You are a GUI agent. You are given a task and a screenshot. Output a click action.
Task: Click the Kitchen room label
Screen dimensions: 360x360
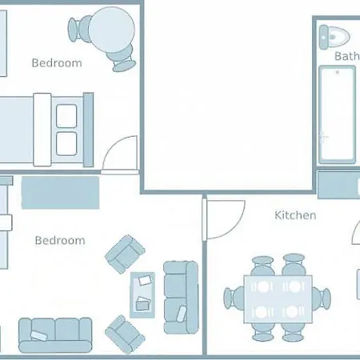[295, 215]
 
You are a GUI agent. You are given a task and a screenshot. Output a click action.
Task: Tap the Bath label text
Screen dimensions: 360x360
[347, 56]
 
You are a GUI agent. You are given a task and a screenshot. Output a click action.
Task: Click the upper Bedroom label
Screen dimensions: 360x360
[57, 63]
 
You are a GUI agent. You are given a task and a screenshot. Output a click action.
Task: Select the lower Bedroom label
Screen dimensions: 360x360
[60, 241]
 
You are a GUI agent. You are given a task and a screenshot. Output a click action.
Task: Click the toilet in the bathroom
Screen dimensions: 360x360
[334, 37]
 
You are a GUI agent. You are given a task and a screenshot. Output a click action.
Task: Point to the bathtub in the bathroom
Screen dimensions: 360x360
[338, 115]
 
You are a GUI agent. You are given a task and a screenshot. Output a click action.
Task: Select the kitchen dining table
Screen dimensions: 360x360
[278, 299]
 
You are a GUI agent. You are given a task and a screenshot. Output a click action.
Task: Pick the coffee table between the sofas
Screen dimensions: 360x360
[142, 295]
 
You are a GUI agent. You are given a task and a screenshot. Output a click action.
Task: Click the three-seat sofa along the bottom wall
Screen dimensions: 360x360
[55, 335]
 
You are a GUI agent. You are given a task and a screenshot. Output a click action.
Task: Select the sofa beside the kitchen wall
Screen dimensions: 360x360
[181, 298]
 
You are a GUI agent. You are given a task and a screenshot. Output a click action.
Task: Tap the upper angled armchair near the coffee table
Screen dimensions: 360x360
[125, 254]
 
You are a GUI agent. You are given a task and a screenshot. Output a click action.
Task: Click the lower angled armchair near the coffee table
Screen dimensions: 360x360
[125, 334]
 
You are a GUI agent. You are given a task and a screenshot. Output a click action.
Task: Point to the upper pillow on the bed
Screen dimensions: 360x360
[66, 116]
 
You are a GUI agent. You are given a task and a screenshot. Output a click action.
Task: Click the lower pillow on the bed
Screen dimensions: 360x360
[66, 144]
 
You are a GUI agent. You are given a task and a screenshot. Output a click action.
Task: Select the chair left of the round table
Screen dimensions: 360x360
[79, 29]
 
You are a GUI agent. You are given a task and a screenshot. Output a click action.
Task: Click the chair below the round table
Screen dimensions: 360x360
[122, 59]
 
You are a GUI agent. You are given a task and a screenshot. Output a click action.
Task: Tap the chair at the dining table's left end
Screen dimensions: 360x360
[234, 298]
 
